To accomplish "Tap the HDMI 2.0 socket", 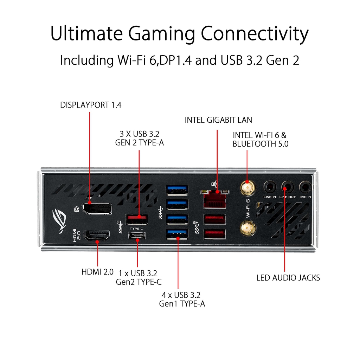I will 97,235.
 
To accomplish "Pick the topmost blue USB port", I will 177,190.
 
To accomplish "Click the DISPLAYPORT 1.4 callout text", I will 91,105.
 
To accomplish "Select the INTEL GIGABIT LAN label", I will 218,120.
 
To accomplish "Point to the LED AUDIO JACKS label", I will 288,278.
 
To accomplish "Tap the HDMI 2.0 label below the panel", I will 97,271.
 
